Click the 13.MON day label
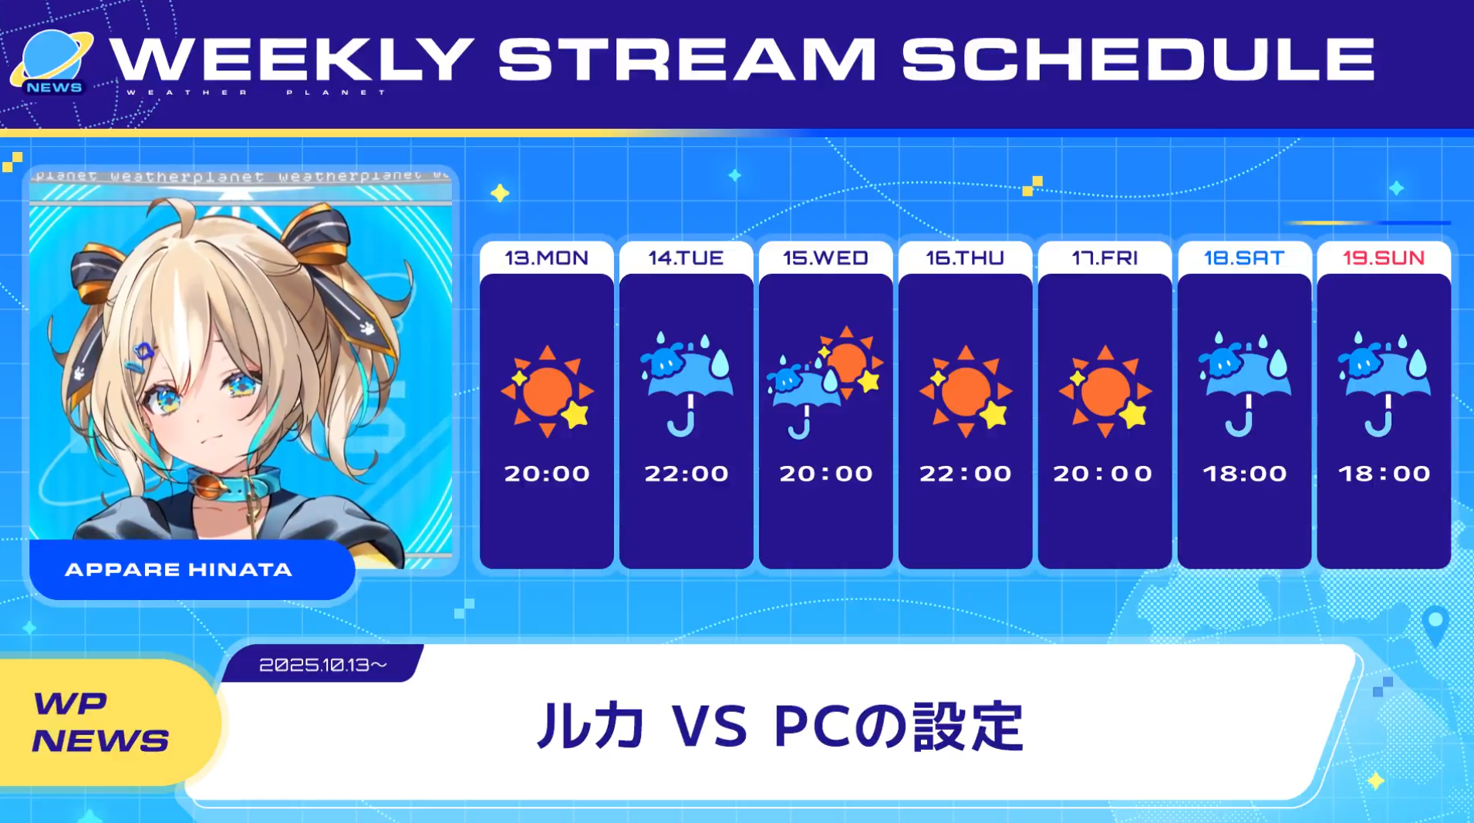[546, 258]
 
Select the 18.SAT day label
[1244, 258]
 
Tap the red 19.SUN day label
[1384, 258]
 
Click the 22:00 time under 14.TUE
[686, 473]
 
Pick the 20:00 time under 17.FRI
[1104, 473]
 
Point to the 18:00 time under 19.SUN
[1385, 473]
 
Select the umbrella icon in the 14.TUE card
[686, 383]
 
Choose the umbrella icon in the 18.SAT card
[1244, 383]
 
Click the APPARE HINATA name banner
[192, 569]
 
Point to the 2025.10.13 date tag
[322, 664]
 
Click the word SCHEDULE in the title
[1138, 59]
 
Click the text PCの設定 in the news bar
[899, 726]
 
